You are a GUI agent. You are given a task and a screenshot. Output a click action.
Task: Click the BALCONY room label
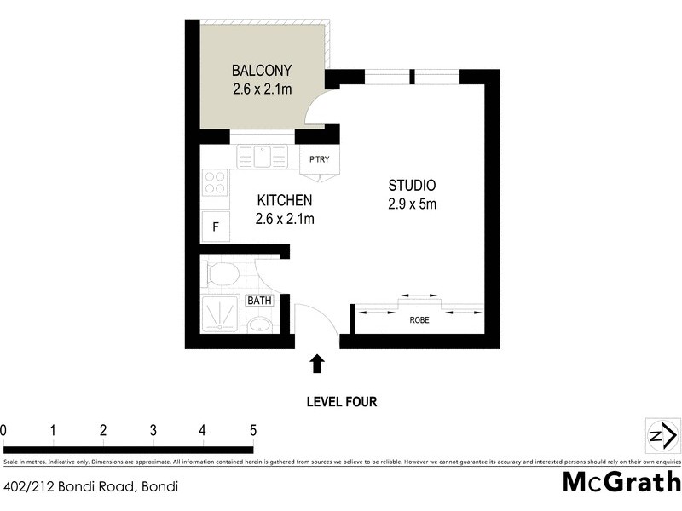(263, 70)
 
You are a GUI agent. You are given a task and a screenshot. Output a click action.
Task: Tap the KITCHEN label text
(285, 200)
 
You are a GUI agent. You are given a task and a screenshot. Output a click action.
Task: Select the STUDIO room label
(413, 185)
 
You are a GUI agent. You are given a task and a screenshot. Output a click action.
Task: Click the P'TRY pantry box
(320, 160)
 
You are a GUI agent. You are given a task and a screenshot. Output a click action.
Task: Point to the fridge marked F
(216, 227)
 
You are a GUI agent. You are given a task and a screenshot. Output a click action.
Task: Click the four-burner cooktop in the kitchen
(215, 181)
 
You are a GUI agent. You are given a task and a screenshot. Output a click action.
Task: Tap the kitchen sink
(264, 156)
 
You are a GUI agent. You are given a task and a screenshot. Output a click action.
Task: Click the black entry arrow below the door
(317, 364)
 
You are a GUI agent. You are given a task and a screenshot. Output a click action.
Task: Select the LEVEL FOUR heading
(341, 402)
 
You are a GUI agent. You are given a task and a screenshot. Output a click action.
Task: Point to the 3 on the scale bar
(153, 430)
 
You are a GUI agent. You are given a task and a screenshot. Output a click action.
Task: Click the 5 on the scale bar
(252, 430)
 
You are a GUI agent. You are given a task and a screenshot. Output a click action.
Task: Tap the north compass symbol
(662, 436)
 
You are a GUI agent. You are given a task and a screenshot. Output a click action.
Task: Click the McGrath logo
(620, 482)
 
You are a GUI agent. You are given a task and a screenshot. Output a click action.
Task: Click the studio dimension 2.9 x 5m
(413, 204)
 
